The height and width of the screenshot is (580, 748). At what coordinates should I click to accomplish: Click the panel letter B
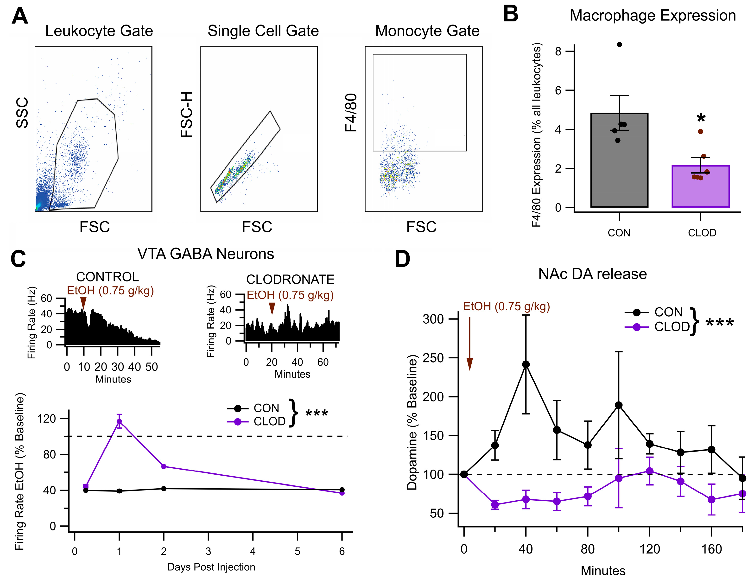point(511,14)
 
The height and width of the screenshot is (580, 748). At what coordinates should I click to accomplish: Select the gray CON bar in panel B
point(619,165)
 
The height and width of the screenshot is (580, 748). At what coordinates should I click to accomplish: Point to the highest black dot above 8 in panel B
point(619,45)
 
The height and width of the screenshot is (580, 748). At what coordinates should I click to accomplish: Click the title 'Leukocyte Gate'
point(99,31)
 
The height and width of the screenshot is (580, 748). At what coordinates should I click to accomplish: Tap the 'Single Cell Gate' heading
point(263,31)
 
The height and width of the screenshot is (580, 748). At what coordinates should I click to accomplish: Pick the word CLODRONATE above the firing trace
point(290,280)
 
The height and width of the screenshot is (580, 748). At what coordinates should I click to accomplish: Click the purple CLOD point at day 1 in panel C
point(119,421)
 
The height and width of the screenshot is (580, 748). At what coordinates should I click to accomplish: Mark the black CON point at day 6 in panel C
point(342,490)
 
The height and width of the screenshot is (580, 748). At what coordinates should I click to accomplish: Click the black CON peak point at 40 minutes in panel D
point(526,364)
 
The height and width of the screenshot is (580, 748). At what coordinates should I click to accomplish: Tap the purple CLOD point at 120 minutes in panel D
point(649,471)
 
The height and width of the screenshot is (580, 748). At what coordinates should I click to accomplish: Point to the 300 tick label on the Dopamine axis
point(433,319)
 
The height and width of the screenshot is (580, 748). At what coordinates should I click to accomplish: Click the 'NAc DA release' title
point(593,274)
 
